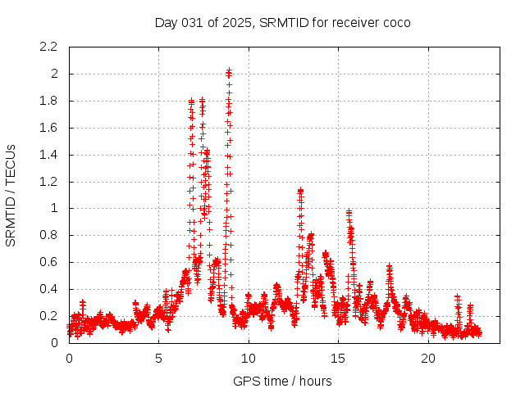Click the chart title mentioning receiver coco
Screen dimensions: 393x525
[282, 22]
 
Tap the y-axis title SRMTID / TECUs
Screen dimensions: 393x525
[11, 196]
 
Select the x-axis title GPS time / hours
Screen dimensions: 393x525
[282, 381]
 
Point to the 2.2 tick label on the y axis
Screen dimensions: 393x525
[48, 47]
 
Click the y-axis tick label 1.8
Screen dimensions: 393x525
[48, 101]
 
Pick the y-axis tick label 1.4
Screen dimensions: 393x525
[48, 155]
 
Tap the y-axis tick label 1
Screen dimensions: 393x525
[53, 208]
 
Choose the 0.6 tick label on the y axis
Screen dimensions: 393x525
[48, 262]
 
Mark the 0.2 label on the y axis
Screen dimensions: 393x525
[48, 316]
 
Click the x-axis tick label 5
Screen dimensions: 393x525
[158, 359]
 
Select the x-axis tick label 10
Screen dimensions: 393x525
[249, 359]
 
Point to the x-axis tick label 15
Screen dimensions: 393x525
[339, 359]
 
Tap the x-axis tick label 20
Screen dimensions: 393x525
[428, 359]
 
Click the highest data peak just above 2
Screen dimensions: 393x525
[229, 70]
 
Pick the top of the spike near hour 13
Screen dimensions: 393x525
[300, 191]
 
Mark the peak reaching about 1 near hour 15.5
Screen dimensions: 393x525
[349, 211]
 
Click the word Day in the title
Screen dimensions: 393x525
[166, 22]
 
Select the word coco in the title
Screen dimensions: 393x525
[396, 22]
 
